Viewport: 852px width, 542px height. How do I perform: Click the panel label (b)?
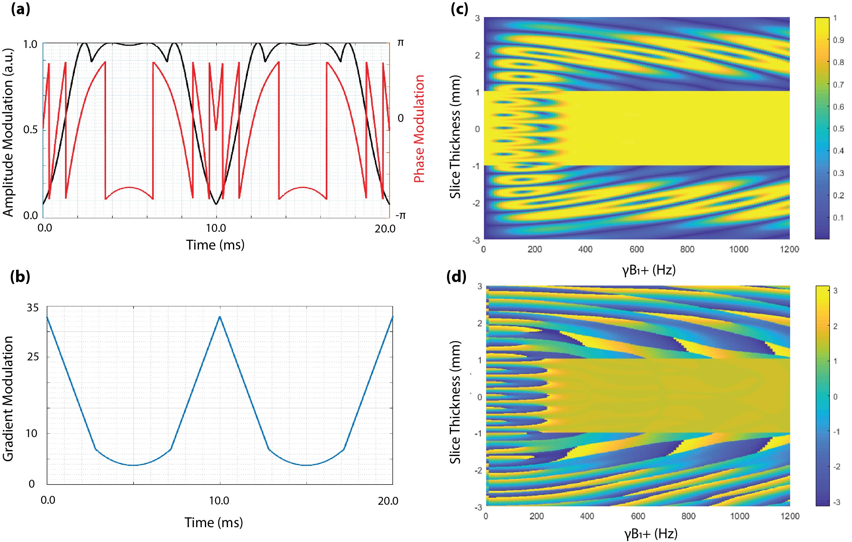(x=21, y=276)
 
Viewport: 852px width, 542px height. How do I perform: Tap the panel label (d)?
(x=459, y=276)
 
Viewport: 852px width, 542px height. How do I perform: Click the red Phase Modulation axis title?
(x=419, y=129)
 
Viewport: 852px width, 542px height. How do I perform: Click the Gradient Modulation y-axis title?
(x=8, y=399)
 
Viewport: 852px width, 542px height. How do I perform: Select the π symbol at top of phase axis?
(x=400, y=43)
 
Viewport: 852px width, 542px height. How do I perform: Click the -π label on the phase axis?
(x=400, y=215)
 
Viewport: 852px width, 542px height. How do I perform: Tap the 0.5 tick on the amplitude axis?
(x=30, y=129)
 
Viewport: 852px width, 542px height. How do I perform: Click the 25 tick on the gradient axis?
(x=33, y=357)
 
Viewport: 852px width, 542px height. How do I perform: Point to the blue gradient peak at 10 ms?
(x=220, y=317)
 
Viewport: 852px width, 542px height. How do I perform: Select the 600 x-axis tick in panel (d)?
(x=638, y=516)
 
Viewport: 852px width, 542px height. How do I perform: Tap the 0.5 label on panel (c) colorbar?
(x=838, y=128)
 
